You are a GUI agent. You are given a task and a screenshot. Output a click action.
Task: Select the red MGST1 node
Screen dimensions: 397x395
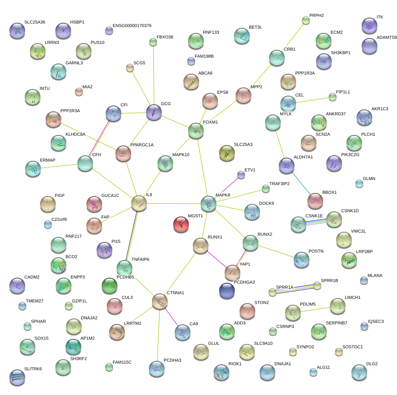click(181, 224)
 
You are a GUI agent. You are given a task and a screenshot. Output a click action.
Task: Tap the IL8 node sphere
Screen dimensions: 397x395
click(139, 203)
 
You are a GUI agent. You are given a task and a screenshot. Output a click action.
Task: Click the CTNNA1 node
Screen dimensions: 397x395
click(160, 301)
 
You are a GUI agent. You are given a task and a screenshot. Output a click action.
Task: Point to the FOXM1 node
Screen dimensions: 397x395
click(196, 131)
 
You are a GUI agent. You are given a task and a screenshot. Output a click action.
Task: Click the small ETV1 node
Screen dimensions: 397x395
click(241, 175)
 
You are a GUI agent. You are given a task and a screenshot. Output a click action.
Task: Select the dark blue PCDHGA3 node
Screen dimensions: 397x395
click(227, 291)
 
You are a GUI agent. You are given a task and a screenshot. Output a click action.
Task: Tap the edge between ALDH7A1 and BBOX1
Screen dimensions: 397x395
click(301, 183)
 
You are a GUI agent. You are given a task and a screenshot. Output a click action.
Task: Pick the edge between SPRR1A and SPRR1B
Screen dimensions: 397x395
click(295, 289)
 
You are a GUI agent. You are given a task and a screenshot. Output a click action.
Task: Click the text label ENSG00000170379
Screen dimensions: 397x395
click(132, 26)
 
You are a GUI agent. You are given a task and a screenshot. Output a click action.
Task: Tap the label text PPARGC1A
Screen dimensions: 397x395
click(142, 145)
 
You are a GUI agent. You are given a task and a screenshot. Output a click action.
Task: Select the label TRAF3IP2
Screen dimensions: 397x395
click(279, 184)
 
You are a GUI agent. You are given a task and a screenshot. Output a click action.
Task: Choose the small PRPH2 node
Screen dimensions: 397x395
click(306, 20)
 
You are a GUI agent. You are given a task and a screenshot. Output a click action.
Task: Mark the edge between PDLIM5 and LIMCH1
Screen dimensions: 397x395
click(315, 310)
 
